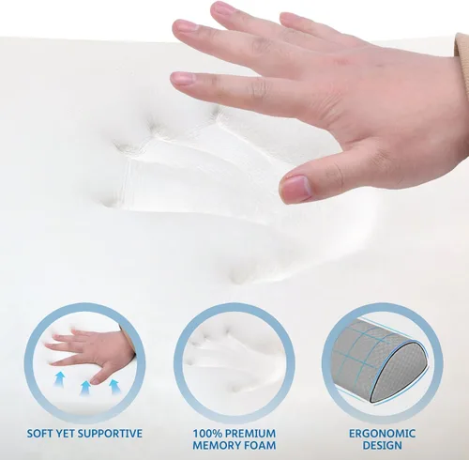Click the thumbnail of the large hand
coord(295,189)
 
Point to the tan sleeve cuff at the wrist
coord(462,47)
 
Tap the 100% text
coord(207,434)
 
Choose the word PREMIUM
coord(250,434)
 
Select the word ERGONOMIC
coord(382,434)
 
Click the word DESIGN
coord(382,445)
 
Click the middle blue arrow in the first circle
coord(84,389)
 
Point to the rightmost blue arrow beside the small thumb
coord(113,387)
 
